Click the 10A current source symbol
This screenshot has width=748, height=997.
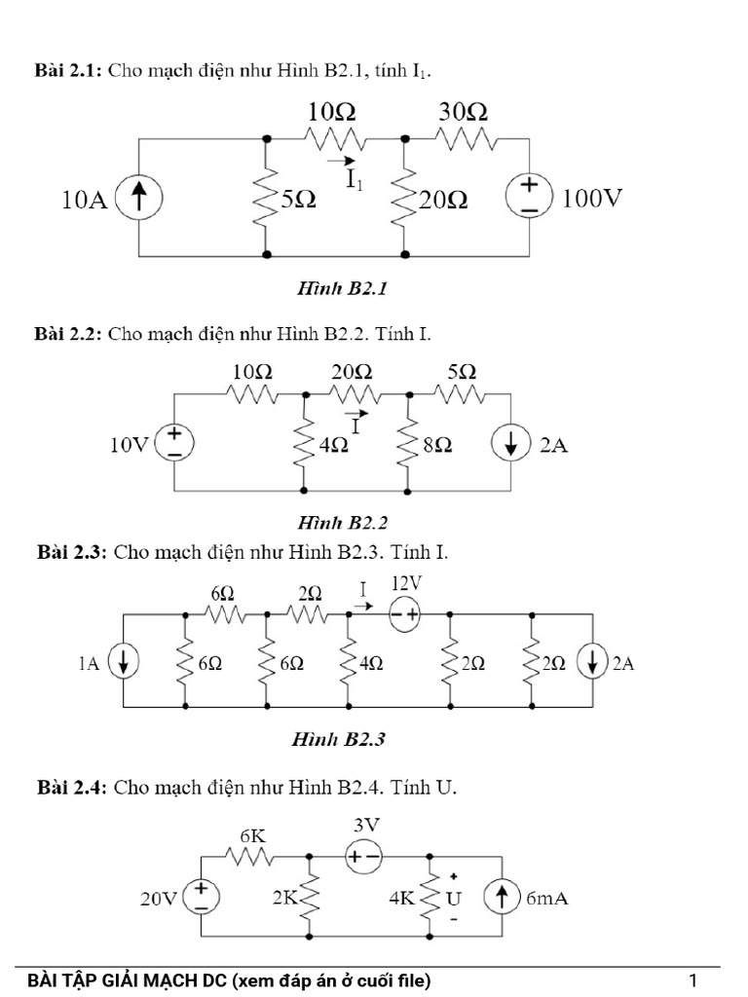[x=139, y=200]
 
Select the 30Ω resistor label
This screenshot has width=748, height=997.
[x=463, y=113]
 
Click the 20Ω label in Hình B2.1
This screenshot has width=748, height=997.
[x=442, y=201]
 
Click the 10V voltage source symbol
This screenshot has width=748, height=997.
[x=174, y=444]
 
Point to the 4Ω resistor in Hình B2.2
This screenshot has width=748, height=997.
[x=306, y=445]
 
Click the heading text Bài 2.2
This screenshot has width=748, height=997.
[x=67, y=334]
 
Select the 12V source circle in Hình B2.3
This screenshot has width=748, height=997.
[x=404, y=614]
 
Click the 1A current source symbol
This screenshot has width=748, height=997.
[x=124, y=664]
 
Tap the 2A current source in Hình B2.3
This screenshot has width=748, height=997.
[x=592, y=664]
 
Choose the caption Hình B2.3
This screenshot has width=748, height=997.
[x=339, y=739]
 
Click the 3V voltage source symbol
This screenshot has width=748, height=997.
[x=366, y=857]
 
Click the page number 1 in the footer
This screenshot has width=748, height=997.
[x=692, y=979]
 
